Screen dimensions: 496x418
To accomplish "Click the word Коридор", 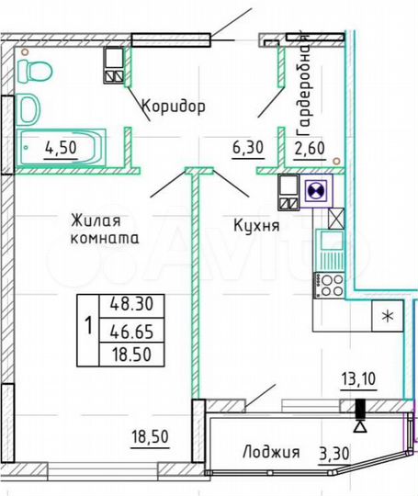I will click(174, 106).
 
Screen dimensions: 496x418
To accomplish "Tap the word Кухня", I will click(256, 223).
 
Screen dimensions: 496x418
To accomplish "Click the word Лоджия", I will click(272, 452).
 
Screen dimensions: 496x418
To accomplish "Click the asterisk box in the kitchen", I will click(387, 318).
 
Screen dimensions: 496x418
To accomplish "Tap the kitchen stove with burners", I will click(329, 285).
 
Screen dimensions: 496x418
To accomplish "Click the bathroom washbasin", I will click(29, 108).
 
